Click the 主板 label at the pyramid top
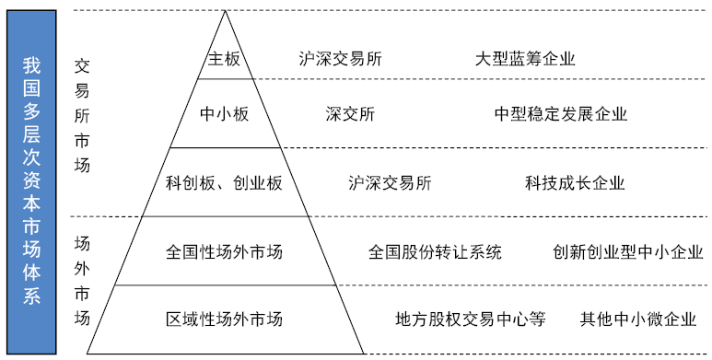point(224,59)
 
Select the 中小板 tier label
point(225,114)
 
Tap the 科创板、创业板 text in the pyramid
point(224,182)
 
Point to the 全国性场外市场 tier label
point(224,251)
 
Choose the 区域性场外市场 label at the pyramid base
point(224,319)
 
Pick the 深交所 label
point(350,114)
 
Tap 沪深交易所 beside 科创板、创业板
point(391,182)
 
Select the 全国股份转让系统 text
point(435,251)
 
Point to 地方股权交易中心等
point(471,319)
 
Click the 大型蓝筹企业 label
point(525,59)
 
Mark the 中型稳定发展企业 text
point(561,114)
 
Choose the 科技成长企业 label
point(575,182)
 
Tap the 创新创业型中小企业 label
point(628,251)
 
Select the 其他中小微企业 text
point(637,319)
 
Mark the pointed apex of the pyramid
point(225,13)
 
